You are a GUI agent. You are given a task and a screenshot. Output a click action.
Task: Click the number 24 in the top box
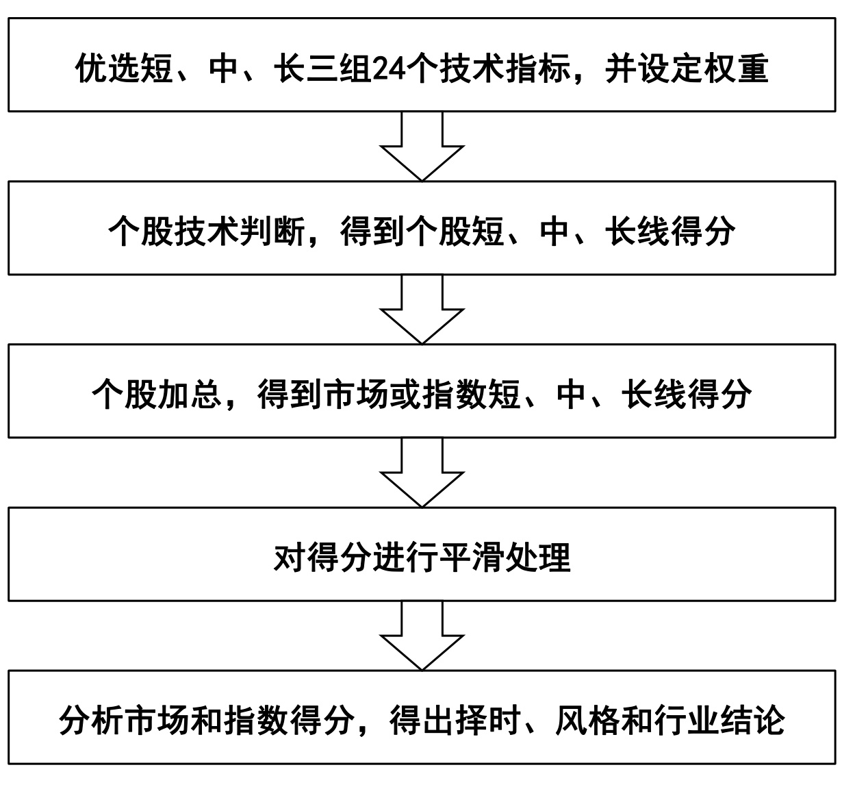389,69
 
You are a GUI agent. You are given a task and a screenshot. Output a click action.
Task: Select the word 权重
737,69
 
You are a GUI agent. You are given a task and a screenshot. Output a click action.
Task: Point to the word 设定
670,69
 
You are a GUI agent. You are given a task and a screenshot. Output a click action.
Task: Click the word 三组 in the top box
339,69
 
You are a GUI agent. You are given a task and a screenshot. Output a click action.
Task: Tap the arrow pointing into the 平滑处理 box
422,472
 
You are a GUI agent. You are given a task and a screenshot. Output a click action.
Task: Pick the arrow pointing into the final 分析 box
422,635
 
